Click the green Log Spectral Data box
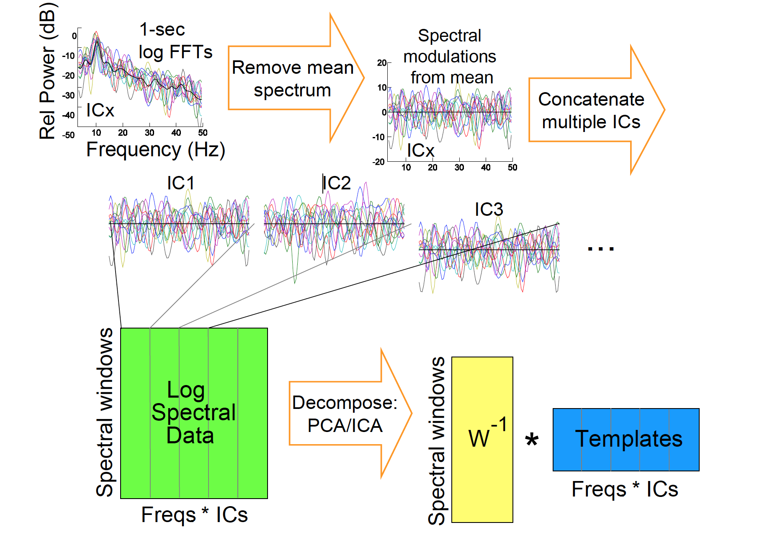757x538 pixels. point(194,413)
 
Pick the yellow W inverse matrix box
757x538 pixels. point(482,439)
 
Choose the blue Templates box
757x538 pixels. point(626,440)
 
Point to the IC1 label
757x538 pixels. point(180,183)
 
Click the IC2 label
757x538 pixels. point(337,183)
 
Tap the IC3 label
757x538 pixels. point(489,210)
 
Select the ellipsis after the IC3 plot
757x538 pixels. point(600,249)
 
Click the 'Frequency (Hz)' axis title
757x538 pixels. point(155,150)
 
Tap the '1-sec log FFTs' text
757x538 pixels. point(175,41)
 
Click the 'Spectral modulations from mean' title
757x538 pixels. point(450,57)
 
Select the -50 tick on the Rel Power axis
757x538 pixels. point(68,135)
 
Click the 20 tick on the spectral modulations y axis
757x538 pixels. point(381,63)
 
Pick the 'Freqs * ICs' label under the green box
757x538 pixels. point(194,515)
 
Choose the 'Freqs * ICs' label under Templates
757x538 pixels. point(625,489)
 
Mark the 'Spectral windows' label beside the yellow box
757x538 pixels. point(436,440)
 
